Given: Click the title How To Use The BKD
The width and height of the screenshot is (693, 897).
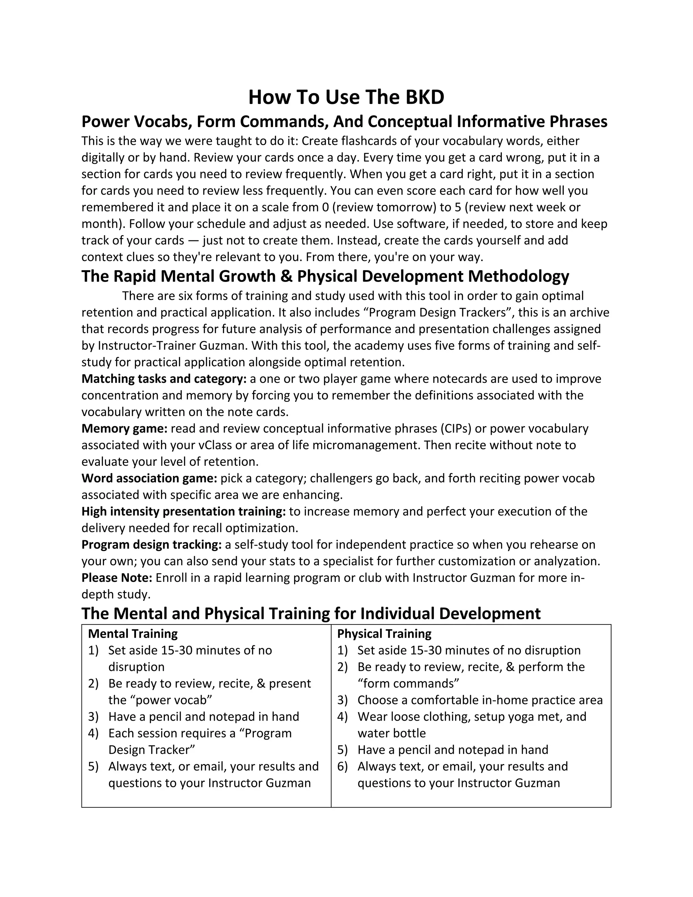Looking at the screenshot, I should [346, 97].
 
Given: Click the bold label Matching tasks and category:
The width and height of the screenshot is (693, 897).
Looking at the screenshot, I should [164, 379].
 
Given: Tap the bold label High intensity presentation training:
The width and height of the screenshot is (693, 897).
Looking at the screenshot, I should [183, 511].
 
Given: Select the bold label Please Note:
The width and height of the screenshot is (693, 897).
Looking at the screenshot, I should [117, 578].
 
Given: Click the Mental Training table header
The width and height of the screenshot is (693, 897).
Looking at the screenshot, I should [133, 634].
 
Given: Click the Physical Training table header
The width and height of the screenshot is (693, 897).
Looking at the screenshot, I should [384, 634].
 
